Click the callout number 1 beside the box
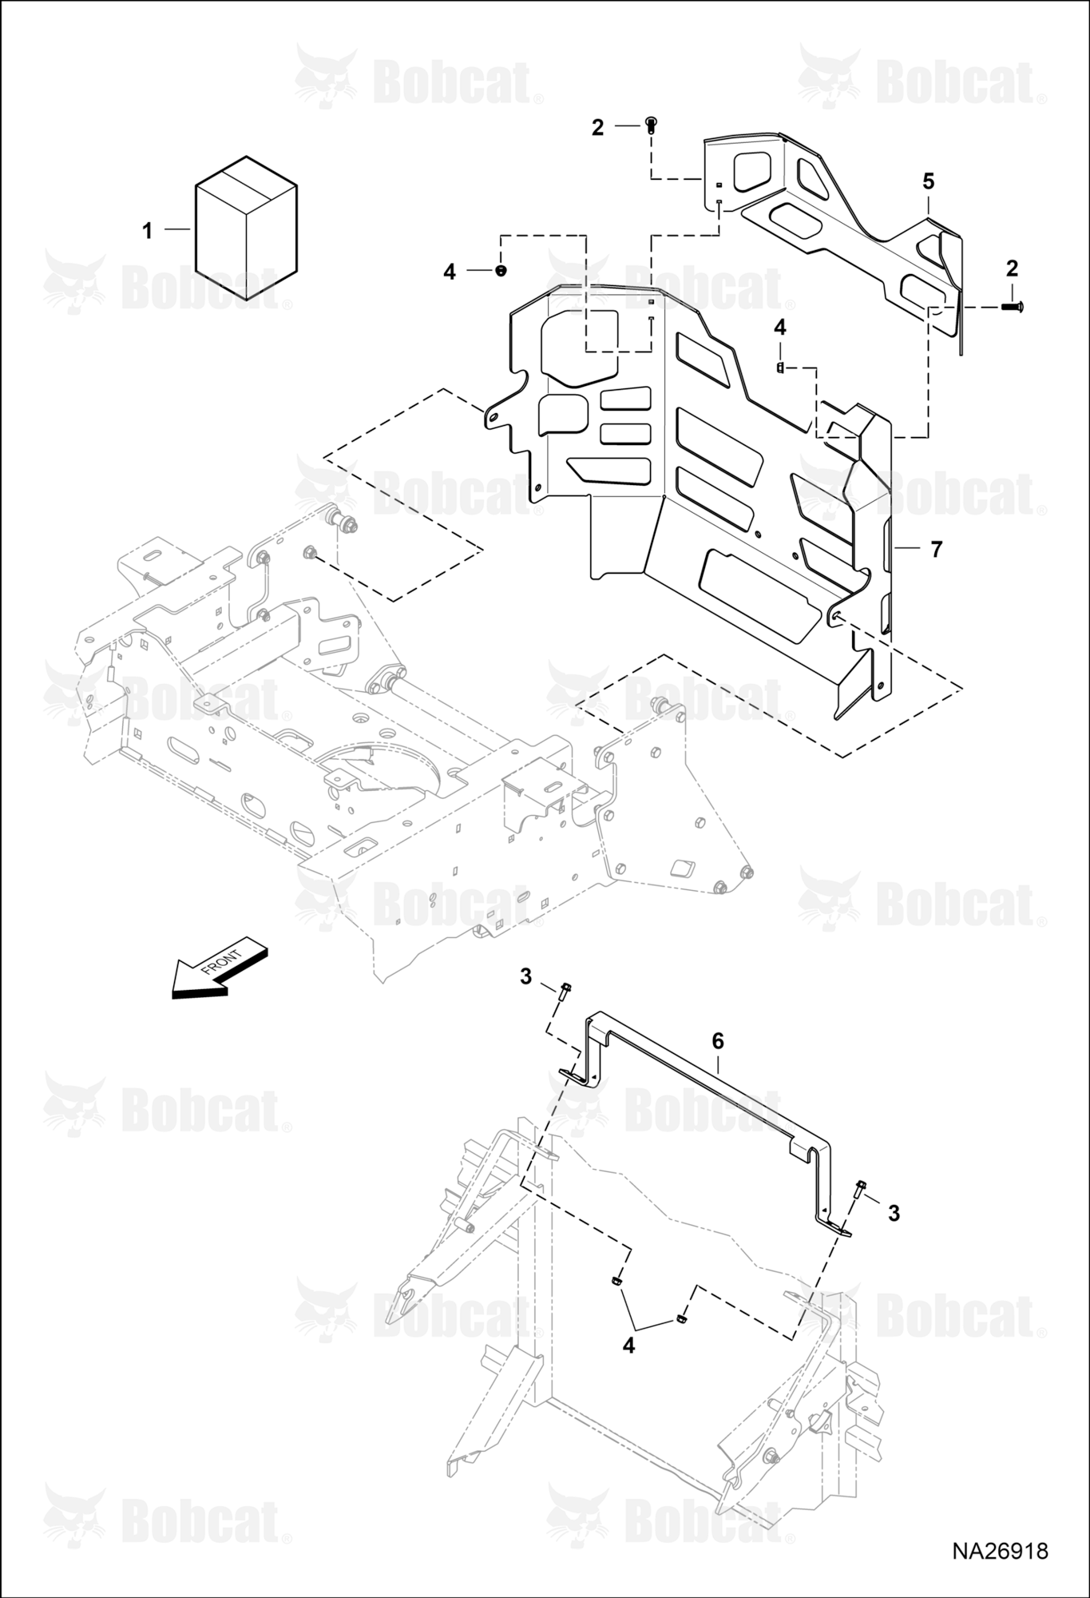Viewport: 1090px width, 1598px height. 147,231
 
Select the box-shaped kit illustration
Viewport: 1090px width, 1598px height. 247,229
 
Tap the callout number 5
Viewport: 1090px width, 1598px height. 928,181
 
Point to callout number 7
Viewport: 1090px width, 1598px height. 937,549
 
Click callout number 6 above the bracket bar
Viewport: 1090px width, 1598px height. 718,1040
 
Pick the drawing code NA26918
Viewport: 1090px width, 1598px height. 1000,1551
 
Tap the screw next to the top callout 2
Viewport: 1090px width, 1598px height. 651,125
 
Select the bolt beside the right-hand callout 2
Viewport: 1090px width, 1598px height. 1013,306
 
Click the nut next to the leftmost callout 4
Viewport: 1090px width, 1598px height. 500,271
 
